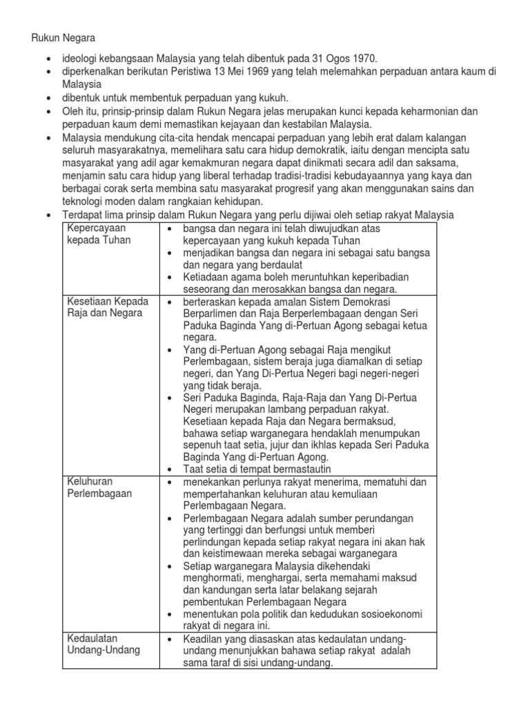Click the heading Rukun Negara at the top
[63, 39]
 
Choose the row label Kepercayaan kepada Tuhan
[98, 233]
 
